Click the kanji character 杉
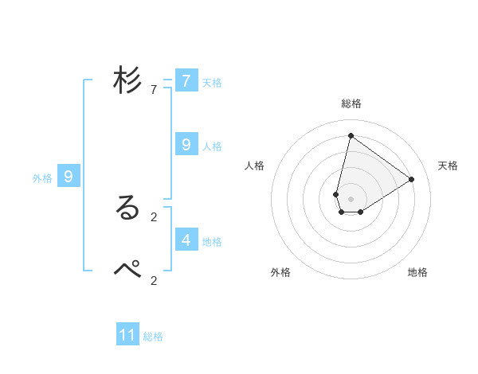pos(128,81)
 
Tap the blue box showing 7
pos(186,81)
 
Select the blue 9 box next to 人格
pos(186,145)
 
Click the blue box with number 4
pos(186,239)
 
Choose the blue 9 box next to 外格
pos(69,177)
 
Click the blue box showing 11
pos(127,335)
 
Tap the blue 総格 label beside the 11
pos(153,337)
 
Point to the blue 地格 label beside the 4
pos(212,242)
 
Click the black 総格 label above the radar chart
pos(351,103)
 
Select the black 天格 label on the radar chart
pos(448,166)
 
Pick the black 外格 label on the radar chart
pos(280,272)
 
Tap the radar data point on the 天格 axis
pos(411,179)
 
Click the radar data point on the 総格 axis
pos(351,135)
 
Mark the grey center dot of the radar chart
pos(351,198)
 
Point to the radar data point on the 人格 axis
pos(336,194)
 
